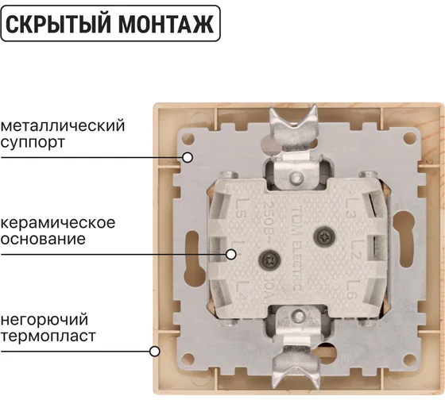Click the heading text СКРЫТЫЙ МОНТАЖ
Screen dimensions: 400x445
(110, 25)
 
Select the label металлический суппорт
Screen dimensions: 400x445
(64, 135)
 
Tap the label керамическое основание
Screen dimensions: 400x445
(58, 230)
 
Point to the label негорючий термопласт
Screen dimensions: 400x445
(48, 328)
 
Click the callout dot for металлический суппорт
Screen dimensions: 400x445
(188, 157)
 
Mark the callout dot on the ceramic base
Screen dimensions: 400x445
(231, 255)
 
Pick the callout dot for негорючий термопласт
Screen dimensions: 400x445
(155, 350)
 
